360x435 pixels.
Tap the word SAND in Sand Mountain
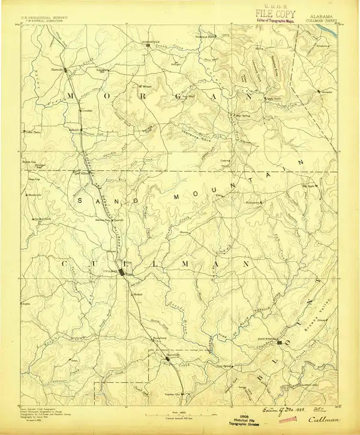(98, 200)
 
